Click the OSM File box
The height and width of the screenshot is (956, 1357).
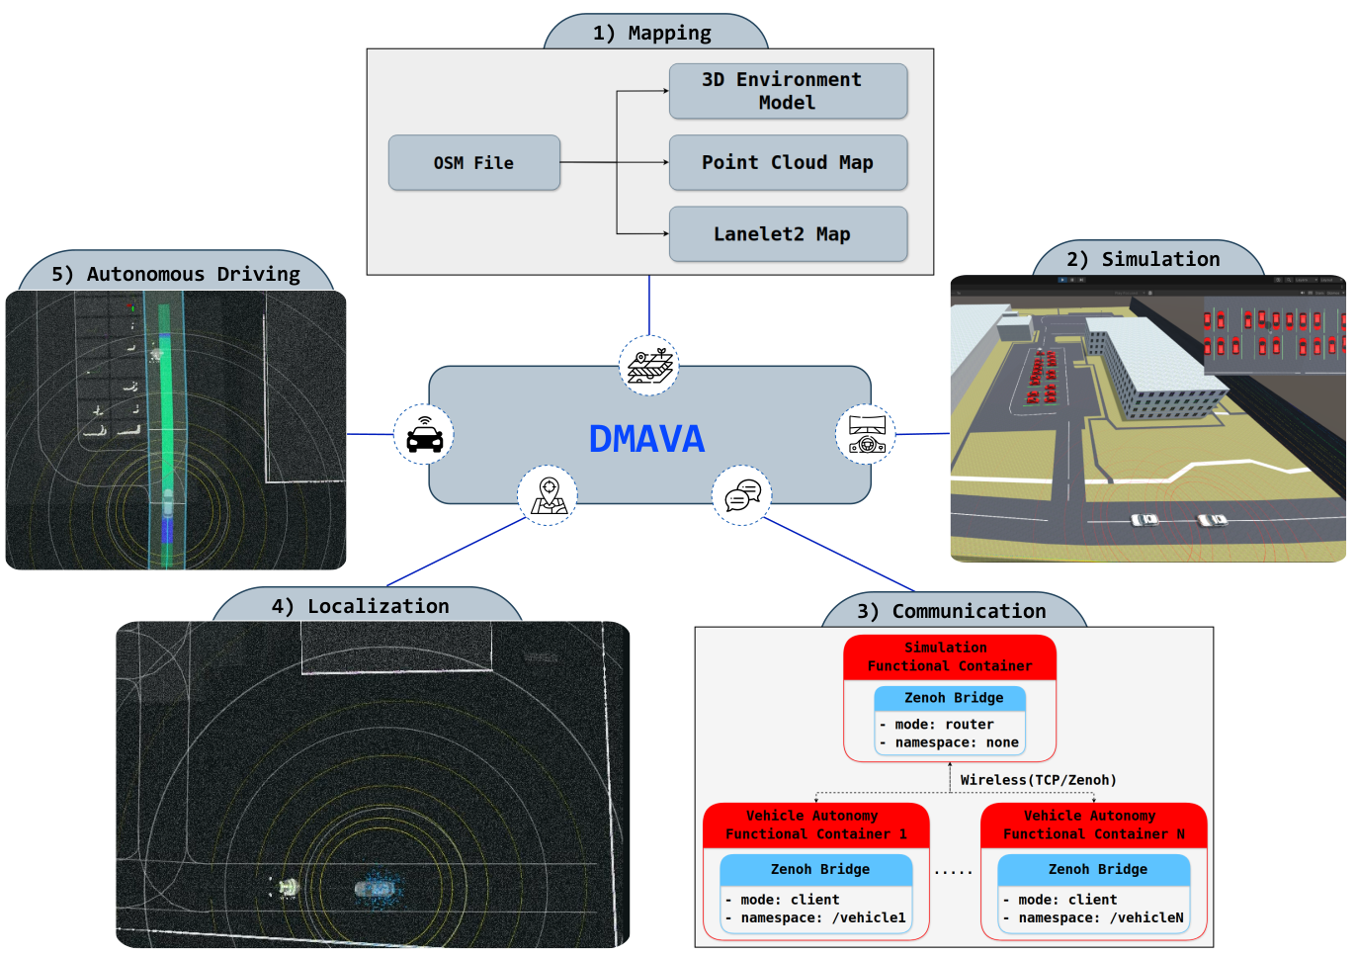point(473,163)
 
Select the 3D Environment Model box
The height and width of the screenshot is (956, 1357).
point(788,91)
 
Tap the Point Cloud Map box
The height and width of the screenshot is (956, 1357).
point(788,163)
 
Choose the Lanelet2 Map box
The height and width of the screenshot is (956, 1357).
point(788,234)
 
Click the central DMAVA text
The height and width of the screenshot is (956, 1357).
point(646,439)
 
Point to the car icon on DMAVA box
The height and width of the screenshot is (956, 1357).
point(424,434)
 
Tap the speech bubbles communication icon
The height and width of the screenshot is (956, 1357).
point(742,495)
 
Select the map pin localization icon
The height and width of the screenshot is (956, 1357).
point(548,495)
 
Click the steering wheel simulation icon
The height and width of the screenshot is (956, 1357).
point(866,434)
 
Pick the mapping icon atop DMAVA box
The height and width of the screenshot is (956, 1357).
point(649,366)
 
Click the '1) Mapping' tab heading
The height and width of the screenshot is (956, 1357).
point(652,33)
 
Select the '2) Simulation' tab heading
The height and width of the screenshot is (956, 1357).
point(1144,259)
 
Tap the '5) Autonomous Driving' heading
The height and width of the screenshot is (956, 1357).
point(176,274)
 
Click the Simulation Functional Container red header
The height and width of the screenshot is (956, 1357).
point(950,657)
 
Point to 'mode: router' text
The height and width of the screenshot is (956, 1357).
point(944,725)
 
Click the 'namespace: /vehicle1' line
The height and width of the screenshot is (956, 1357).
point(821,917)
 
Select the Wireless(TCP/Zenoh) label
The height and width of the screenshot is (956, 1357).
point(1038,780)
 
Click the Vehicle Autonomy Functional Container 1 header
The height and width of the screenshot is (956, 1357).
point(815,826)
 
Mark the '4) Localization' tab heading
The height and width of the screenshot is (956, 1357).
point(361,606)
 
